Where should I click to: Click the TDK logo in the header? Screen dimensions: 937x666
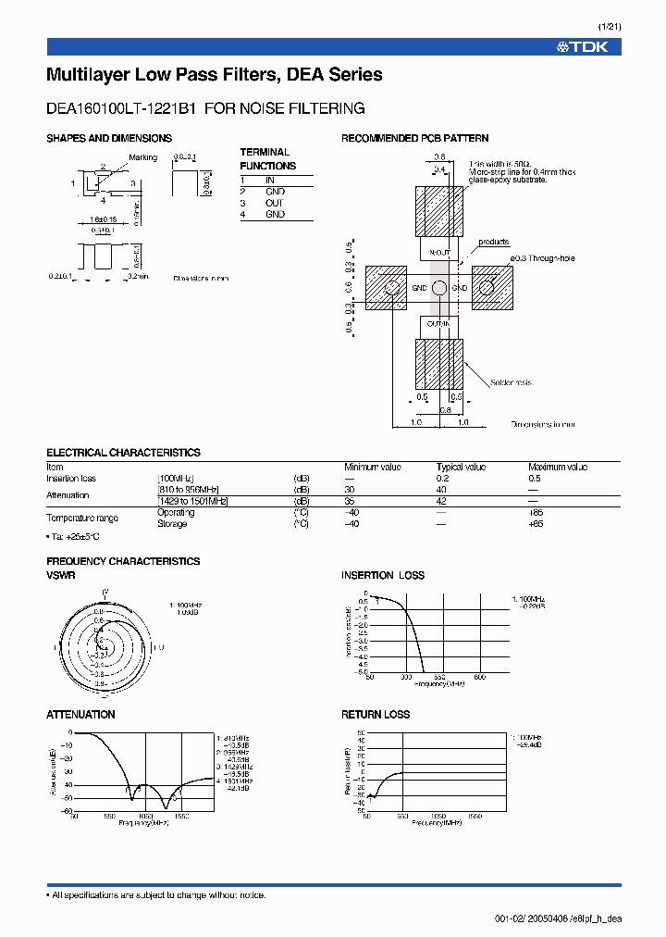click(583, 46)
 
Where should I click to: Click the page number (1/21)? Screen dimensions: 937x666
click(610, 27)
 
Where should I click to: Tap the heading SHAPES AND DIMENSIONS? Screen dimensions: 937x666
click(109, 138)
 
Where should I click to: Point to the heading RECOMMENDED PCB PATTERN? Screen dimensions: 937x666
click(415, 138)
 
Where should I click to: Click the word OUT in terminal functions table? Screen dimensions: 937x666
click(275, 203)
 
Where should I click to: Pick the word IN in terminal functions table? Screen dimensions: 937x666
click(270, 180)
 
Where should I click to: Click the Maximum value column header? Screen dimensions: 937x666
click(557, 468)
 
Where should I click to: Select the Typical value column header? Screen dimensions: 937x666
click(462, 468)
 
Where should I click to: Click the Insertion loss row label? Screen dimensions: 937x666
click(71, 479)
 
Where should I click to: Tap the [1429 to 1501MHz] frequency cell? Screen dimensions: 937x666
click(192, 501)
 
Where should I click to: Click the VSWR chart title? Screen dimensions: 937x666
click(60, 575)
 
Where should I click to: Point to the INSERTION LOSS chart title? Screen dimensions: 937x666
click(383, 575)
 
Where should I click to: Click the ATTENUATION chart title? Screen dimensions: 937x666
click(80, 715)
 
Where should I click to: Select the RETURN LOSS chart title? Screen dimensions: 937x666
click(376, 715)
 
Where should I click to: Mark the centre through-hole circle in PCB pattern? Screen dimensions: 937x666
click(438, 288)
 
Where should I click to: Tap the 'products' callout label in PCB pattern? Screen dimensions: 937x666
click(494, 243)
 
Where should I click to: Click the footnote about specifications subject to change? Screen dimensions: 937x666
click(156, 894)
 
